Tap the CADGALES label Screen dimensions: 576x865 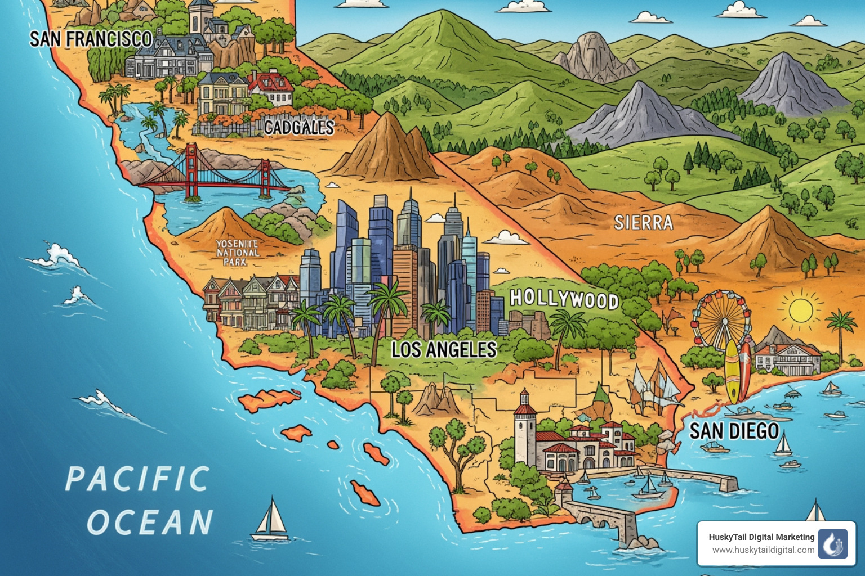299,128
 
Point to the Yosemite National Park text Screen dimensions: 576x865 238,253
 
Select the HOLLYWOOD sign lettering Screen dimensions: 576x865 564,299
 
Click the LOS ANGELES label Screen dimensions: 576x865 444,350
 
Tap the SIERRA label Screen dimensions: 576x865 644,223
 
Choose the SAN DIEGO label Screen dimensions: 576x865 734,431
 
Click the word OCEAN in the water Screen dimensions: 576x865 150,523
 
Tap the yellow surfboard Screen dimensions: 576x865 732,371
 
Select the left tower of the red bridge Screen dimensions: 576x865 192,172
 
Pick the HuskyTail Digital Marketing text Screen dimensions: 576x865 761,537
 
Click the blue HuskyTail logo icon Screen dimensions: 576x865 832,544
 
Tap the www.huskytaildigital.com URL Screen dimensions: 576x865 763,550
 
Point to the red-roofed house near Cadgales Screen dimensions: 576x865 271,89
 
